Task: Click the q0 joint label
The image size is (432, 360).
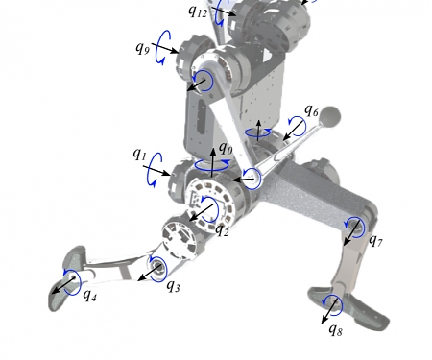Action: point(226,148)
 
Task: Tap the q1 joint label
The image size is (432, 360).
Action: point(139,154)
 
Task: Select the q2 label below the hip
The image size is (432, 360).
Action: point(222,229)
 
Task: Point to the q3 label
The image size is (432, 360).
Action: point(173,284)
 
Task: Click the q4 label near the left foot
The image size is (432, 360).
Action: point(89,295)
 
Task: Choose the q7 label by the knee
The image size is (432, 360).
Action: point(374,240)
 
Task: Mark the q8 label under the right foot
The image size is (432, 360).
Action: point(335,329)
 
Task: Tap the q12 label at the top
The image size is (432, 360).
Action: point(197,12)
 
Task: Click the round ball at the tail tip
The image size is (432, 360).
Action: point(331,117)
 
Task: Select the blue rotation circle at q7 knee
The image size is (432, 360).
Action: point(354,227)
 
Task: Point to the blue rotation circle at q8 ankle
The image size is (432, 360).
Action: point(332,306)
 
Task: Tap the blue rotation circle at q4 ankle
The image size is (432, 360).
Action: point(71,281)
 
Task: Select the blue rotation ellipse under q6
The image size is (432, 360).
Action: point(257,132)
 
